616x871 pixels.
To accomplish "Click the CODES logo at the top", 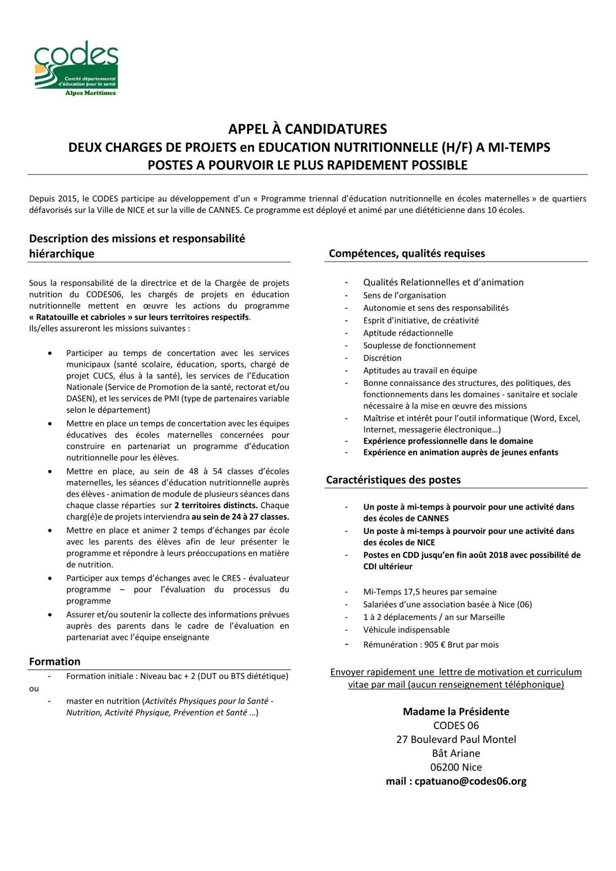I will [76, 68].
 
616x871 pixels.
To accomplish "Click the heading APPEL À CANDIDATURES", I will [308, 129].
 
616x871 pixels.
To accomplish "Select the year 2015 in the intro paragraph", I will [67, 199].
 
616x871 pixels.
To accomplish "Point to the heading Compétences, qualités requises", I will [407, 253].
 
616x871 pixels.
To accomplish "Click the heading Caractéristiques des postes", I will [393, 480].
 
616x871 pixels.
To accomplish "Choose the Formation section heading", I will [55, 662].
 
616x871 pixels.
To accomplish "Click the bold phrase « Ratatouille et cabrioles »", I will [81, 317].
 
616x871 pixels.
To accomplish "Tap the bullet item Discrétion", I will [382, 358].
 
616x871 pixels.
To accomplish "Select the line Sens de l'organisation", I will [404, 295].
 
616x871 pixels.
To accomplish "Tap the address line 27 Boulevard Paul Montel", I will [456, 739].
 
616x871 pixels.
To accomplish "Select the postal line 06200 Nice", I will [456, 767].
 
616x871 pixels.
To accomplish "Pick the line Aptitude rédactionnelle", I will [408, 333].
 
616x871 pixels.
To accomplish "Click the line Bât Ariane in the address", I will [456, 753].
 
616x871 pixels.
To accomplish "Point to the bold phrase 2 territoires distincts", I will [216, 506].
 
